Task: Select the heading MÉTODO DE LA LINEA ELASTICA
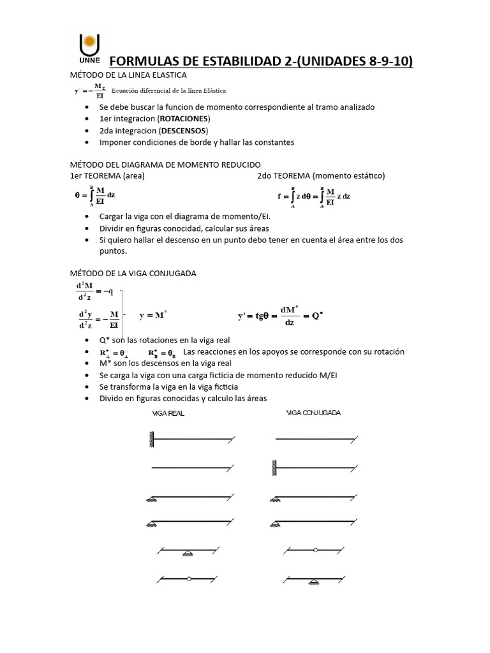(128, 75)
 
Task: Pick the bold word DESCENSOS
(184, 130)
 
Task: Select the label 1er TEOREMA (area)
(108, 175)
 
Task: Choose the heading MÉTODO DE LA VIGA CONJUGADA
(133, 273)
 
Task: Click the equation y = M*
(153, 315)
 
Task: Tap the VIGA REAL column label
(168, 413)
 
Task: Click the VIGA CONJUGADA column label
(313, 413)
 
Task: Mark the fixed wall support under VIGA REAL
(152, 439)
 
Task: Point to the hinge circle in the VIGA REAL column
(189, 579)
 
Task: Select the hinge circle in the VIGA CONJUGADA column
(315, 549)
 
